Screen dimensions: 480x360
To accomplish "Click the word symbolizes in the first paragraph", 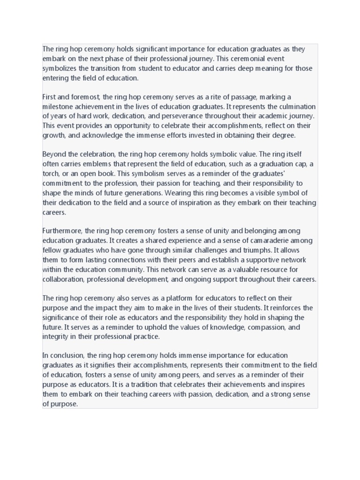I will point(60,68).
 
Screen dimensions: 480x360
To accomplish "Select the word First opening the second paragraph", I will point(49,97).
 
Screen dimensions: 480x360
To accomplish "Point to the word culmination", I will point(297,106).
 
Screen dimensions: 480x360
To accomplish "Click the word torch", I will point(51,173).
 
